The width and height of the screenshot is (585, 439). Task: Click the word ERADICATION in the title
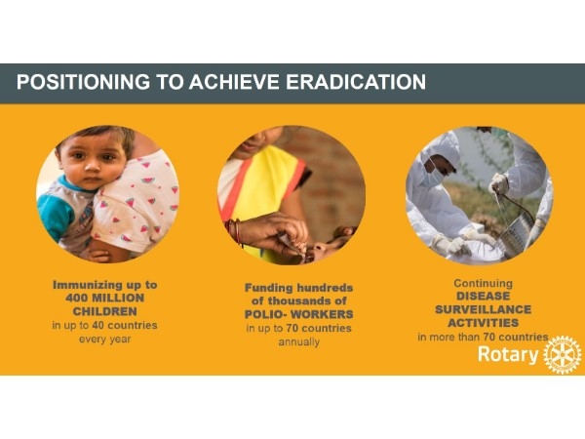click(x=356, y=82)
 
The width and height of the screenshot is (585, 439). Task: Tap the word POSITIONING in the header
click(x=83, y=82)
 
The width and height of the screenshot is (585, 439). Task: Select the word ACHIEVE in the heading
click(x=234, y=82)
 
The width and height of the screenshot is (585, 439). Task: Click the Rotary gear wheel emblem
click(x=563, y=354)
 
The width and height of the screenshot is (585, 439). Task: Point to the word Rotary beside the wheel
click(x=508, y=354)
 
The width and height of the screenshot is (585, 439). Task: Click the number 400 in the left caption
click(x=76, y=298)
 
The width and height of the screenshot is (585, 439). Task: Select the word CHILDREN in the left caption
click(x=105, y=311)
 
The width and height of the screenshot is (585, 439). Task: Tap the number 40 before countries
click(x=97, y=325)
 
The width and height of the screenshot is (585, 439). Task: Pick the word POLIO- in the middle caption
click(x=266, y=314)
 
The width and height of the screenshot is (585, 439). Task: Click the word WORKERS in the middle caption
click(x=322, y=314)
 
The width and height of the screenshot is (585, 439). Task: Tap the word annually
click(x=299, y=342)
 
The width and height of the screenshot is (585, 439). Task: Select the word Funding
click(x=269, y=288)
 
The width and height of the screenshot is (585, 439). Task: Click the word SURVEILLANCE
click(x=484, y=309)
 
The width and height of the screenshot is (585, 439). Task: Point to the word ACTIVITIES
click(x=484, y=323)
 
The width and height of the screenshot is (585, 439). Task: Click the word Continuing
click(x=484, y=283)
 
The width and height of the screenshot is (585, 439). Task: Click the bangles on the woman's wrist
click(x=235, y=232)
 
